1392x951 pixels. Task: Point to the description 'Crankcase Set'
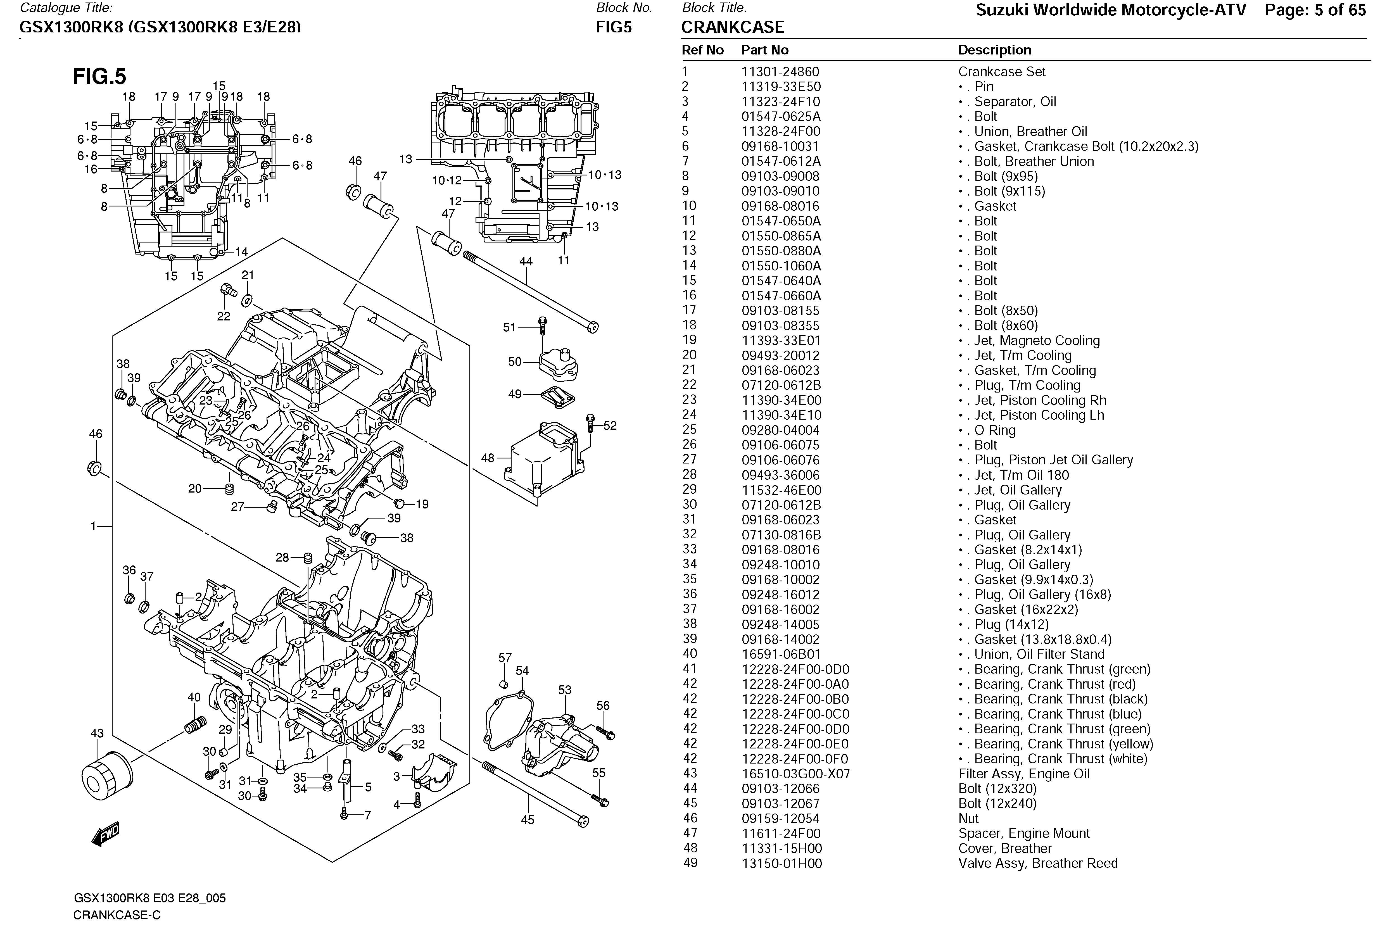pyautogui.click(x=1001, y=72)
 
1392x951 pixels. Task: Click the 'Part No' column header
pyautogui.click(x=764, y=50)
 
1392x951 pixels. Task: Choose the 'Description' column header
pyautogui.click(x=994, y=50)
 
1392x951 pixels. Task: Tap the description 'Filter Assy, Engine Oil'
pyautogui.click(x=1024, y=774)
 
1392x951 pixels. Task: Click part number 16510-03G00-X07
pyautogui.click(x=795, y=774)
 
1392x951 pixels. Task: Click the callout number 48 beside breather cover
pyautogui.click(x=488, y=458)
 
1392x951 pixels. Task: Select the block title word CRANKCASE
pyautogui.click(x=732, y=28)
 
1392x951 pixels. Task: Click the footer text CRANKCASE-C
pyautogui.click(x=117, y=915)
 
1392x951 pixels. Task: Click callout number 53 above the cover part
pyautogui.click(x=564, y=690)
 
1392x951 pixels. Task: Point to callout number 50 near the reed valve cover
pyautogui.click(x=514, y=362)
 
